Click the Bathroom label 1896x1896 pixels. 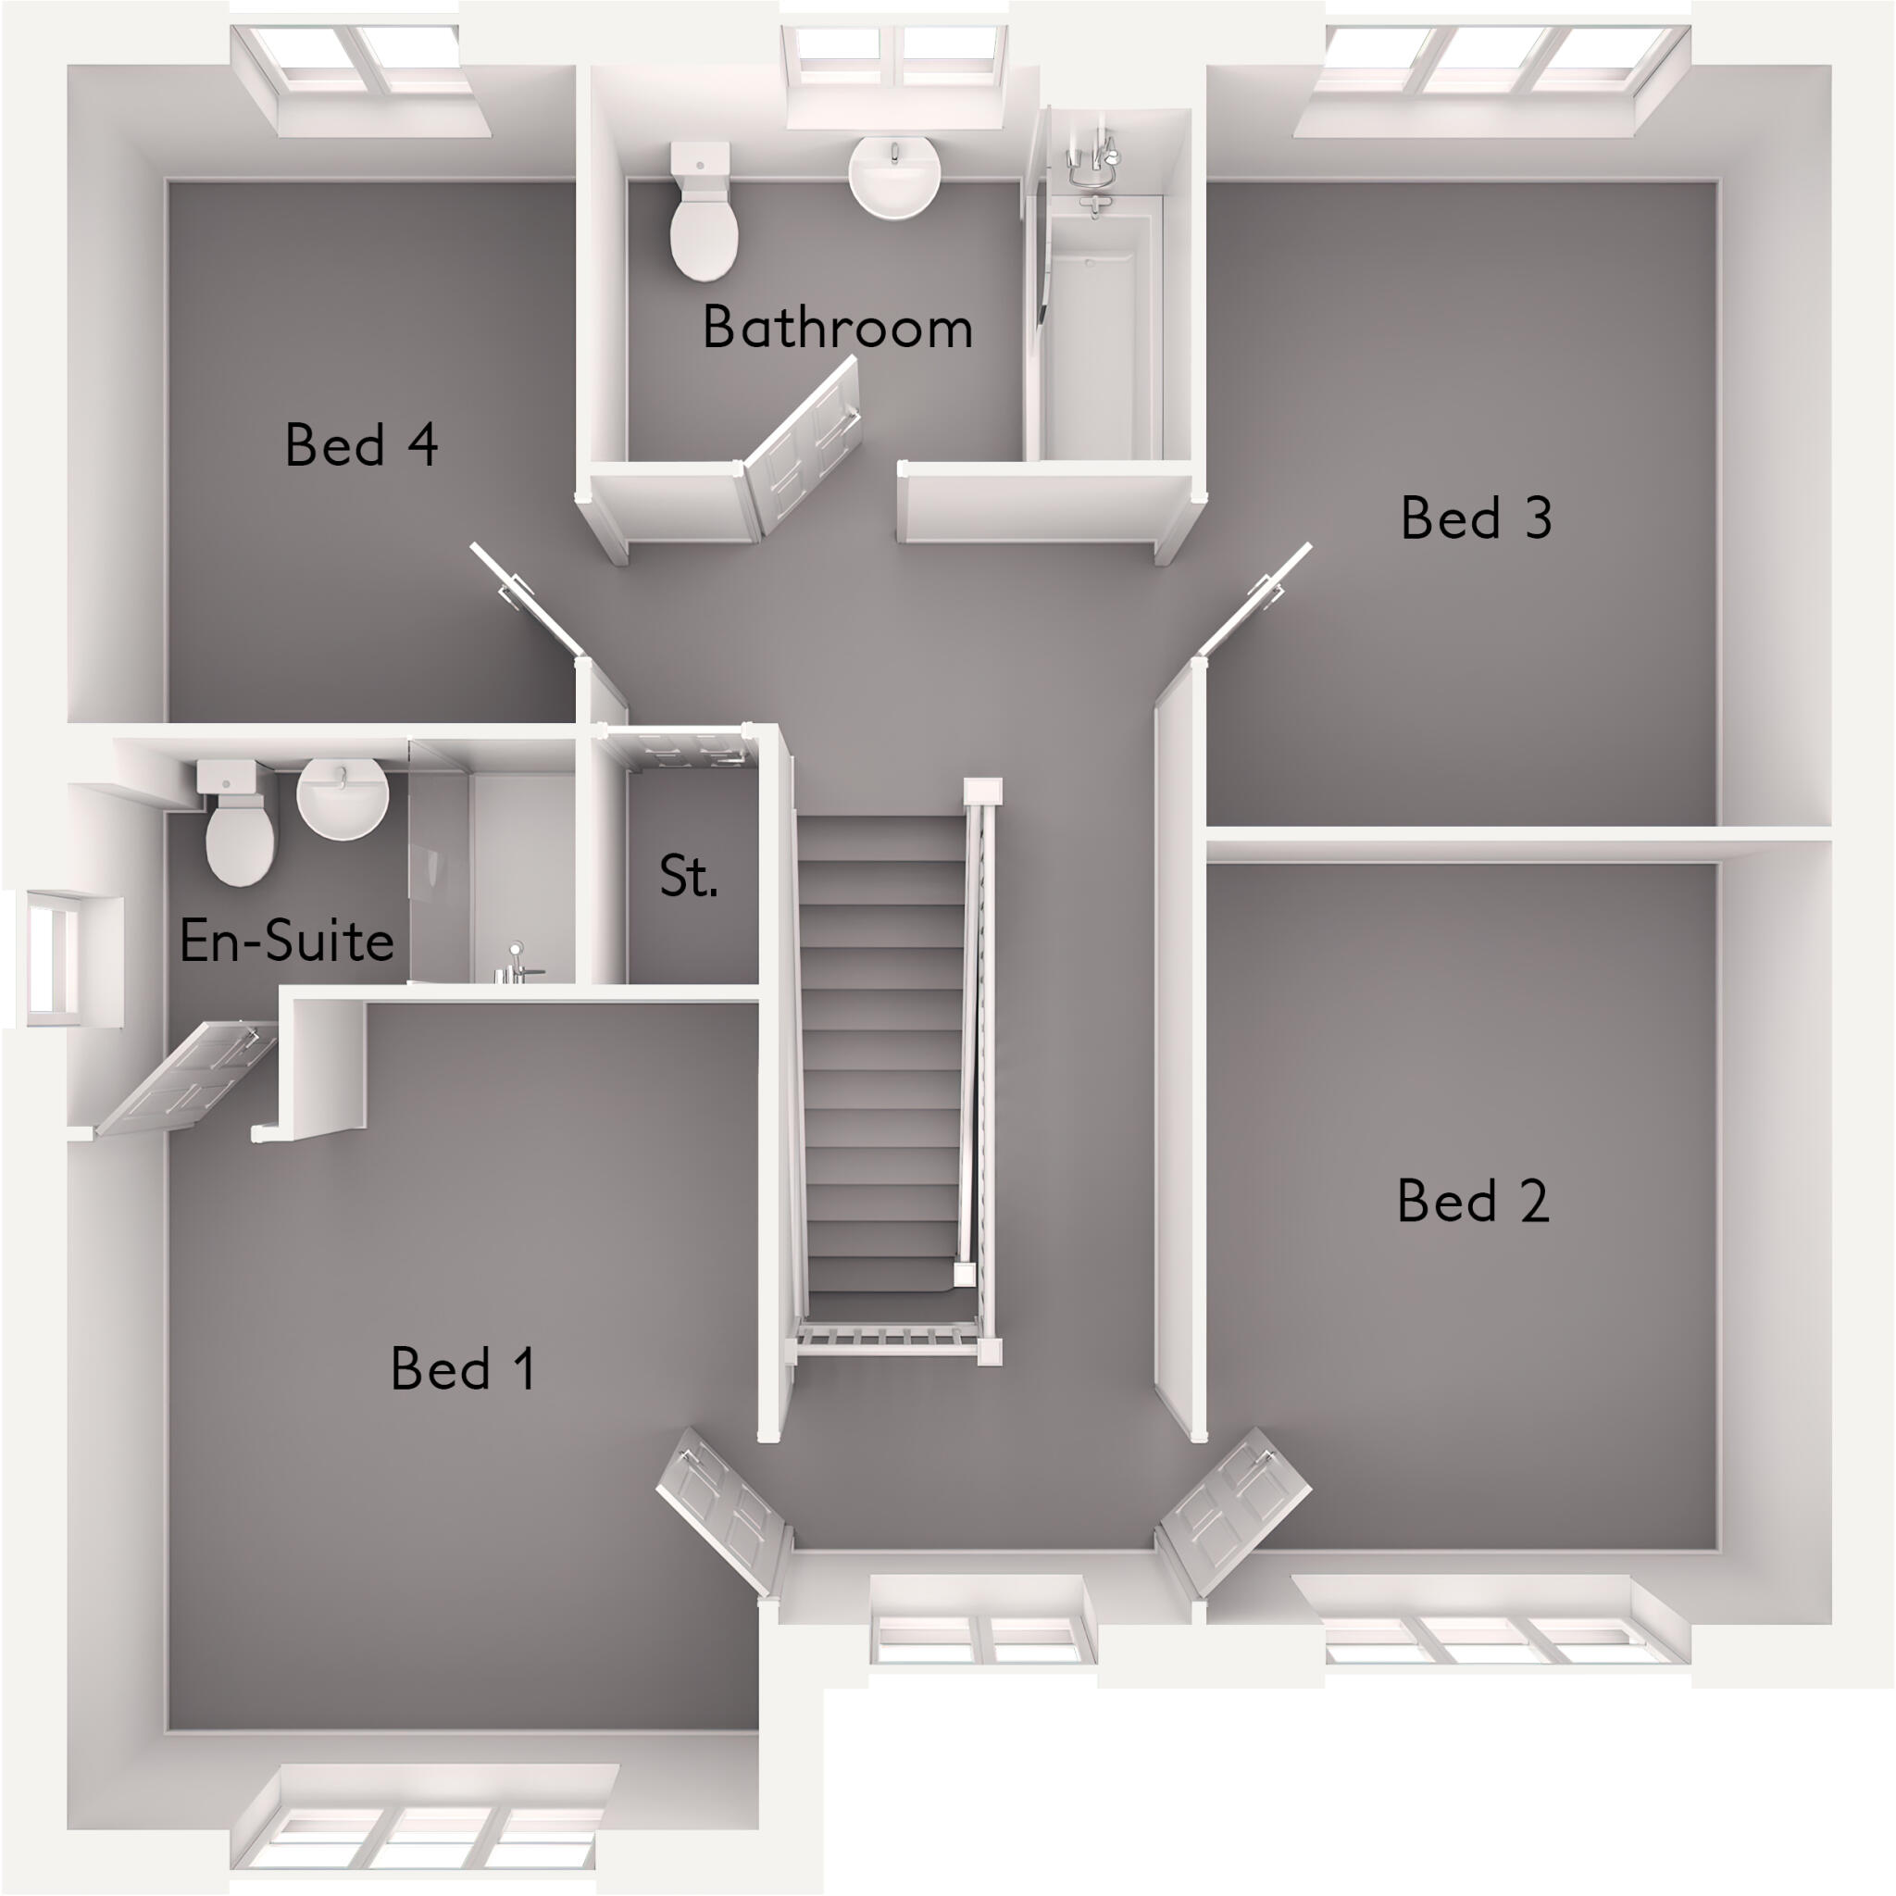point(837,328)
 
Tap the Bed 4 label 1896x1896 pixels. point(360,444)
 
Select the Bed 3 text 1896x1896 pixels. point(1475,518)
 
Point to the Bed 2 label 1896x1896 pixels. point(1472,1200)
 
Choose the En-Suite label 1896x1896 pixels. point(287,941)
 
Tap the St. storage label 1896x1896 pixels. point(688,877)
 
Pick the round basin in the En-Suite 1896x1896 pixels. point(343,798)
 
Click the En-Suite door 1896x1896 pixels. point(186,1079)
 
